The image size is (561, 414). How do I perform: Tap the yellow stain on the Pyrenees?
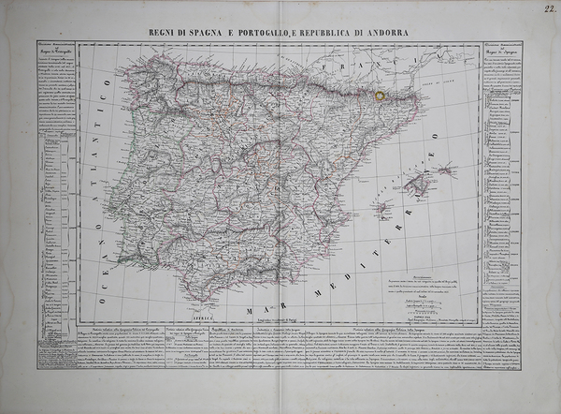click(378, 95)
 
